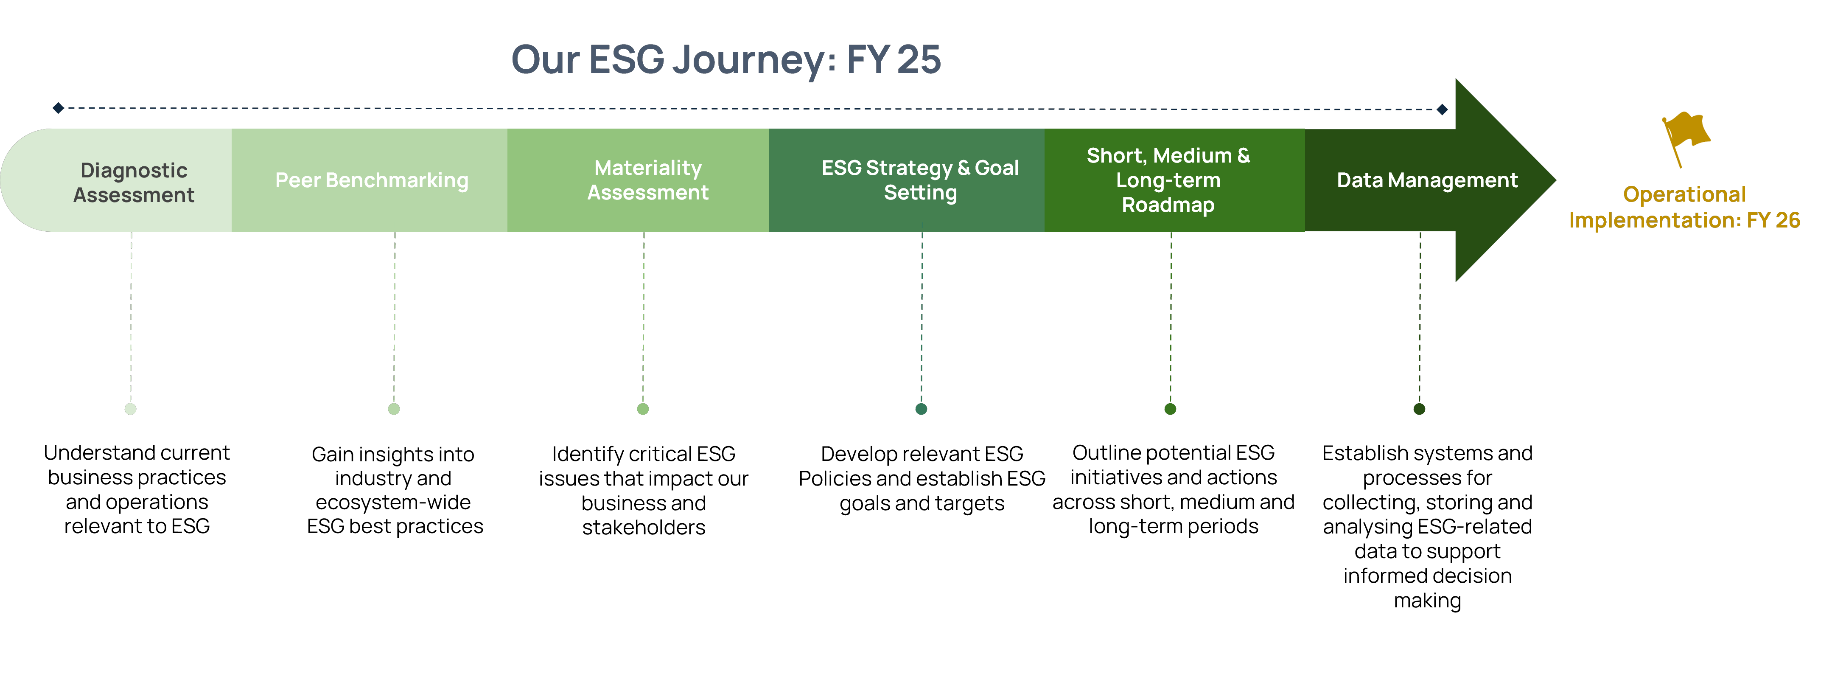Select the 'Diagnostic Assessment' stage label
[x=134, y=182]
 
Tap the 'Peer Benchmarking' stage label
[x=371, y=180]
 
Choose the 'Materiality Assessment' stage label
[x=647, y=180]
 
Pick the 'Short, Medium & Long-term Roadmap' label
[x=1168, y=180]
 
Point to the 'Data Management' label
[x=1427, y=180]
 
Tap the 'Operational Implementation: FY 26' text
[x=1684, y=207]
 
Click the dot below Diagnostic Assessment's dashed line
[x=130, y=409]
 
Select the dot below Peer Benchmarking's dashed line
[x=394, y=409]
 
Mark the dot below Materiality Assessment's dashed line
[x=643, y=409]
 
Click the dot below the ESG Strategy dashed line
[x=921, y=409]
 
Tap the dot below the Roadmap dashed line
[x=1170, y=409]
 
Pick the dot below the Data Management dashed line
[x=1419, y=409]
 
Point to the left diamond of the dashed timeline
[x=58, y=108]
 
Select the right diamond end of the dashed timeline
[x=1442, y=110]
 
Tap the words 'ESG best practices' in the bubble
[x=395, y=526]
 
